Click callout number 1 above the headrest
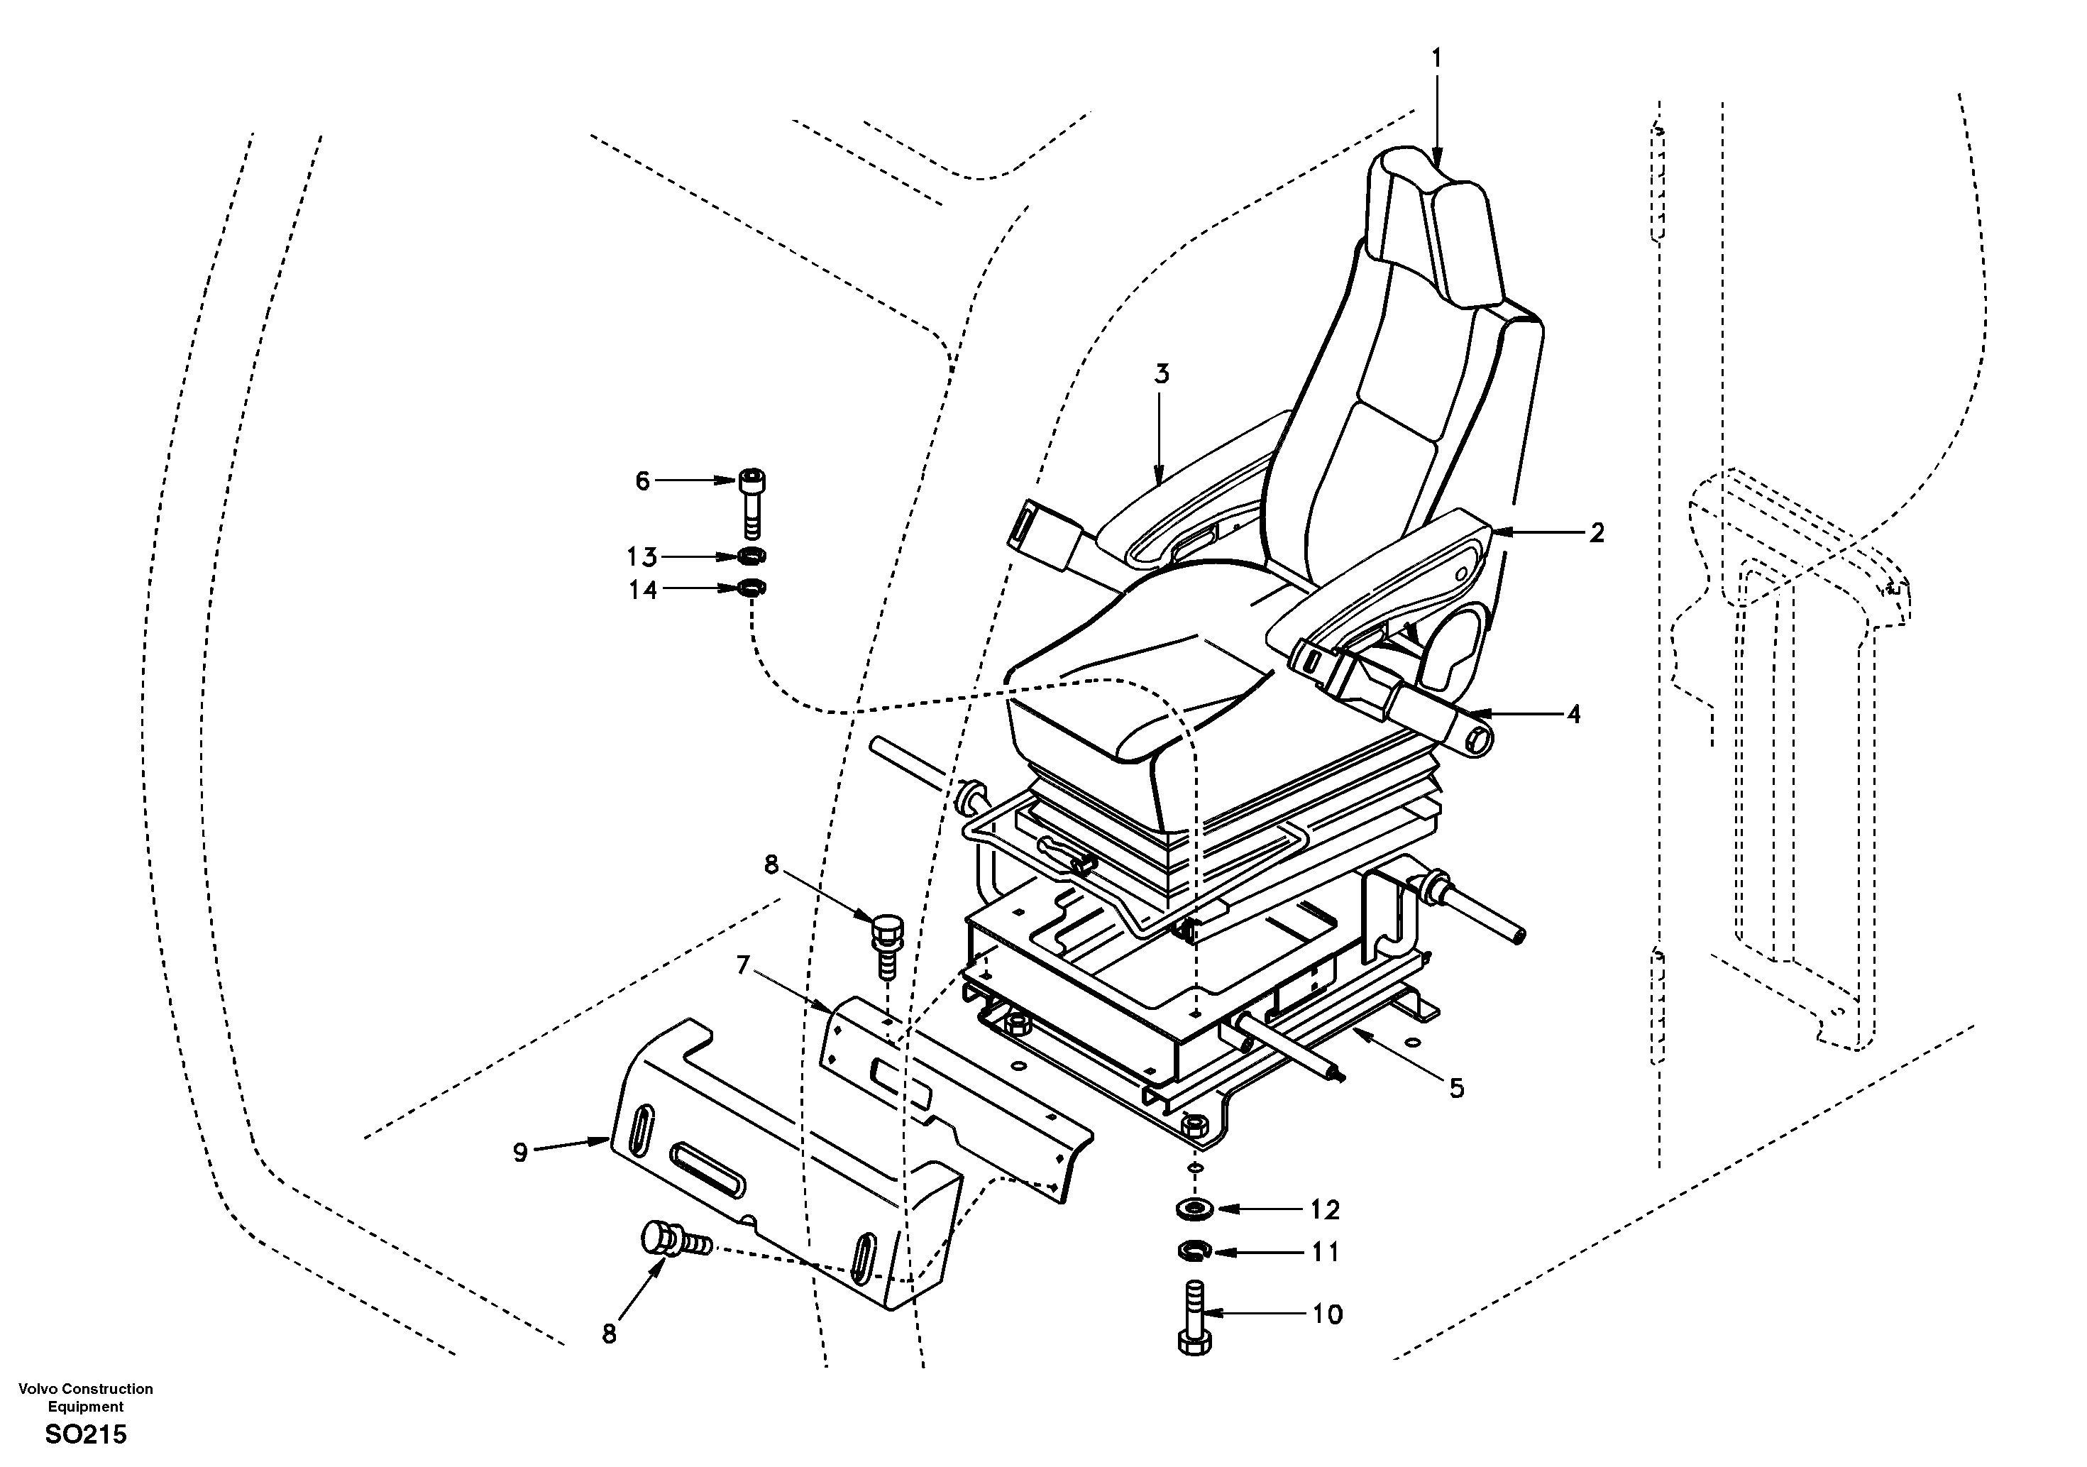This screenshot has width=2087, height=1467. tap(1436, 58)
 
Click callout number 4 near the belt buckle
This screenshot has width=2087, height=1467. tap(1573, 715)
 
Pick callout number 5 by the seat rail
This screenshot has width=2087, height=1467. tap(1456, 1088)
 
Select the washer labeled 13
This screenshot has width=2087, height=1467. tap(751, 556)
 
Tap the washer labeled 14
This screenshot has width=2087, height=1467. tap(751, 589)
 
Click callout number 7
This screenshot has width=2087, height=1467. tap(744, 965)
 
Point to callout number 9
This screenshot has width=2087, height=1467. tap(520, 1153)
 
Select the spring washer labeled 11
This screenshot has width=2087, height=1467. tap(1193, 1253)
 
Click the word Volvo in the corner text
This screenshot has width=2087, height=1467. tap(38, 1388)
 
